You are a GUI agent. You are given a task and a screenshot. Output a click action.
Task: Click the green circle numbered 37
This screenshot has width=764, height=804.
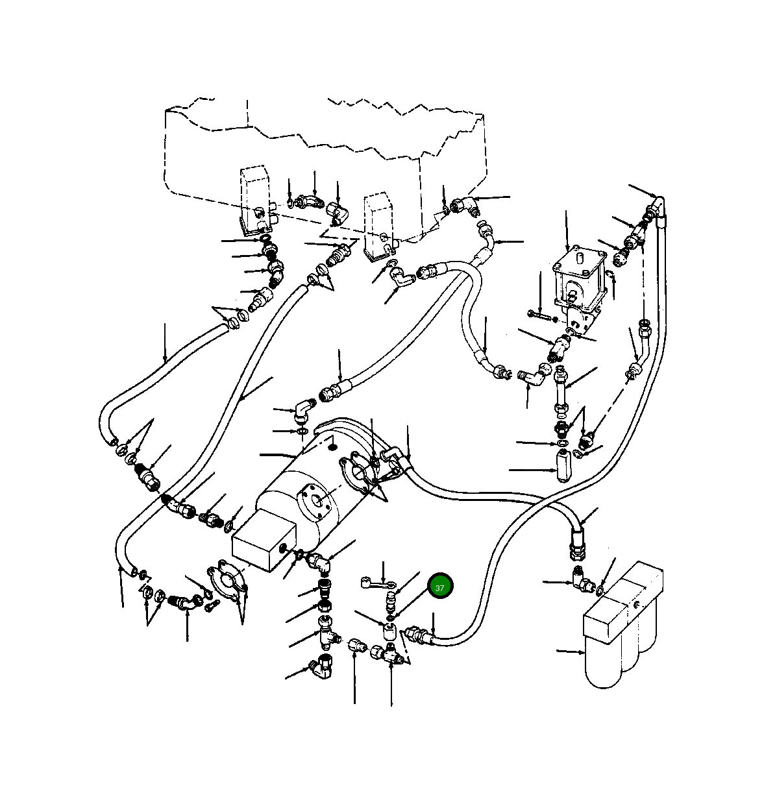pyautogui.click(x=440, y=588)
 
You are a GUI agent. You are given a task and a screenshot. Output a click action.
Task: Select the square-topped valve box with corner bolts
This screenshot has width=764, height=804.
pyautogui.click(x=579, y=284)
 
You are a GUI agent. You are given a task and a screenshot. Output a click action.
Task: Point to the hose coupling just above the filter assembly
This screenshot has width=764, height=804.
pyautogui.click(x=575, y=544)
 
